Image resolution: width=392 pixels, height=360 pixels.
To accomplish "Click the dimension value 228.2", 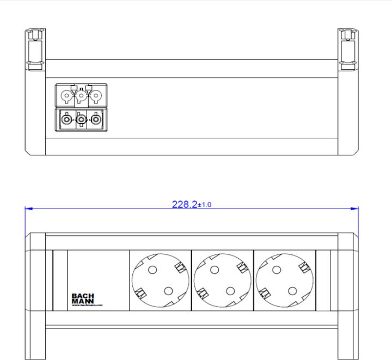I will point(184,204).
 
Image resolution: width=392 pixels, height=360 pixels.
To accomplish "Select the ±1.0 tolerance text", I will point(205,205).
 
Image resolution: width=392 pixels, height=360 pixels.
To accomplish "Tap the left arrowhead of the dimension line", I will point(29,209).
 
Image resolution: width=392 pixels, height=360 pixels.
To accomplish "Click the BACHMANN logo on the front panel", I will point(83,299).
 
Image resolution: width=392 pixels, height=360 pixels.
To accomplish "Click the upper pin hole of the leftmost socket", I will point(152,269).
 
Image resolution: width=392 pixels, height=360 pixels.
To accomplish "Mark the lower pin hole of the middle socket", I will point(230,290).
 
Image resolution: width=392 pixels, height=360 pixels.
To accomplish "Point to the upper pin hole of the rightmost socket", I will point(275,269).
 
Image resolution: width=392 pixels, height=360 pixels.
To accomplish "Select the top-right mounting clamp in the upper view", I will point(347,50).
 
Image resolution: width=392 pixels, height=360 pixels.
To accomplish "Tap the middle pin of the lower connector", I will point(81,119).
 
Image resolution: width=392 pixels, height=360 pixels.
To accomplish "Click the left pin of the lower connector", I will point(66,119).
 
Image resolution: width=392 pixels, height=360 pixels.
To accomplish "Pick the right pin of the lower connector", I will point(96,119).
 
